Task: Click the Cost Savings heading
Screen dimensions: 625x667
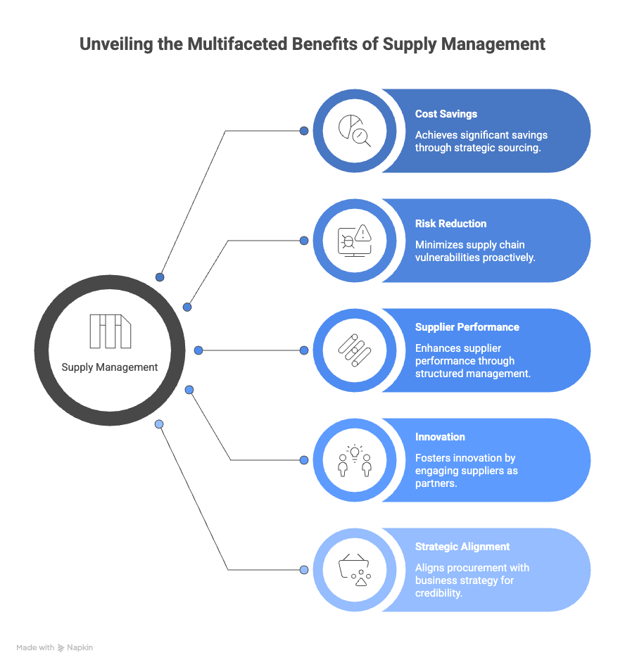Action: [446, 114]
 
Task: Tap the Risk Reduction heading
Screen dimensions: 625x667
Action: [450, 224]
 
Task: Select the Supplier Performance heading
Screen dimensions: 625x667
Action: [467, 327]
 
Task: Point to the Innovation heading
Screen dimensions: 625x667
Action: [440, 437]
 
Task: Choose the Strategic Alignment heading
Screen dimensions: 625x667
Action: [462, 547]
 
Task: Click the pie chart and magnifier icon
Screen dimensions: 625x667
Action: [355, 131]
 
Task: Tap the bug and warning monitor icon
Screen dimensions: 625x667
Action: [355, 241]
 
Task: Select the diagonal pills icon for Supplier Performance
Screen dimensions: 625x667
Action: [355, 350]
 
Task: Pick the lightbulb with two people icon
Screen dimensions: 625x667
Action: [355, 460]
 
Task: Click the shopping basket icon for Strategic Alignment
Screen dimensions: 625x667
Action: [355, 570]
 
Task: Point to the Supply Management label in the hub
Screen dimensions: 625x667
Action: [109, 367]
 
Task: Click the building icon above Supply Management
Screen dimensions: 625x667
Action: [111, 331]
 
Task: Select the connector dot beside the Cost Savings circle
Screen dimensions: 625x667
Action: [304, 131]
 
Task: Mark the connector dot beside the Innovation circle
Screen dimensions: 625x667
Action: [304, 460]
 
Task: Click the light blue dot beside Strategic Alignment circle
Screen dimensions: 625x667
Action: [304, 570]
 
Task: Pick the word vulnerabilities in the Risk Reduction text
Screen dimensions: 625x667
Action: [448, 258]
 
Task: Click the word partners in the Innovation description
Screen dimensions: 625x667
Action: [435, 483]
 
